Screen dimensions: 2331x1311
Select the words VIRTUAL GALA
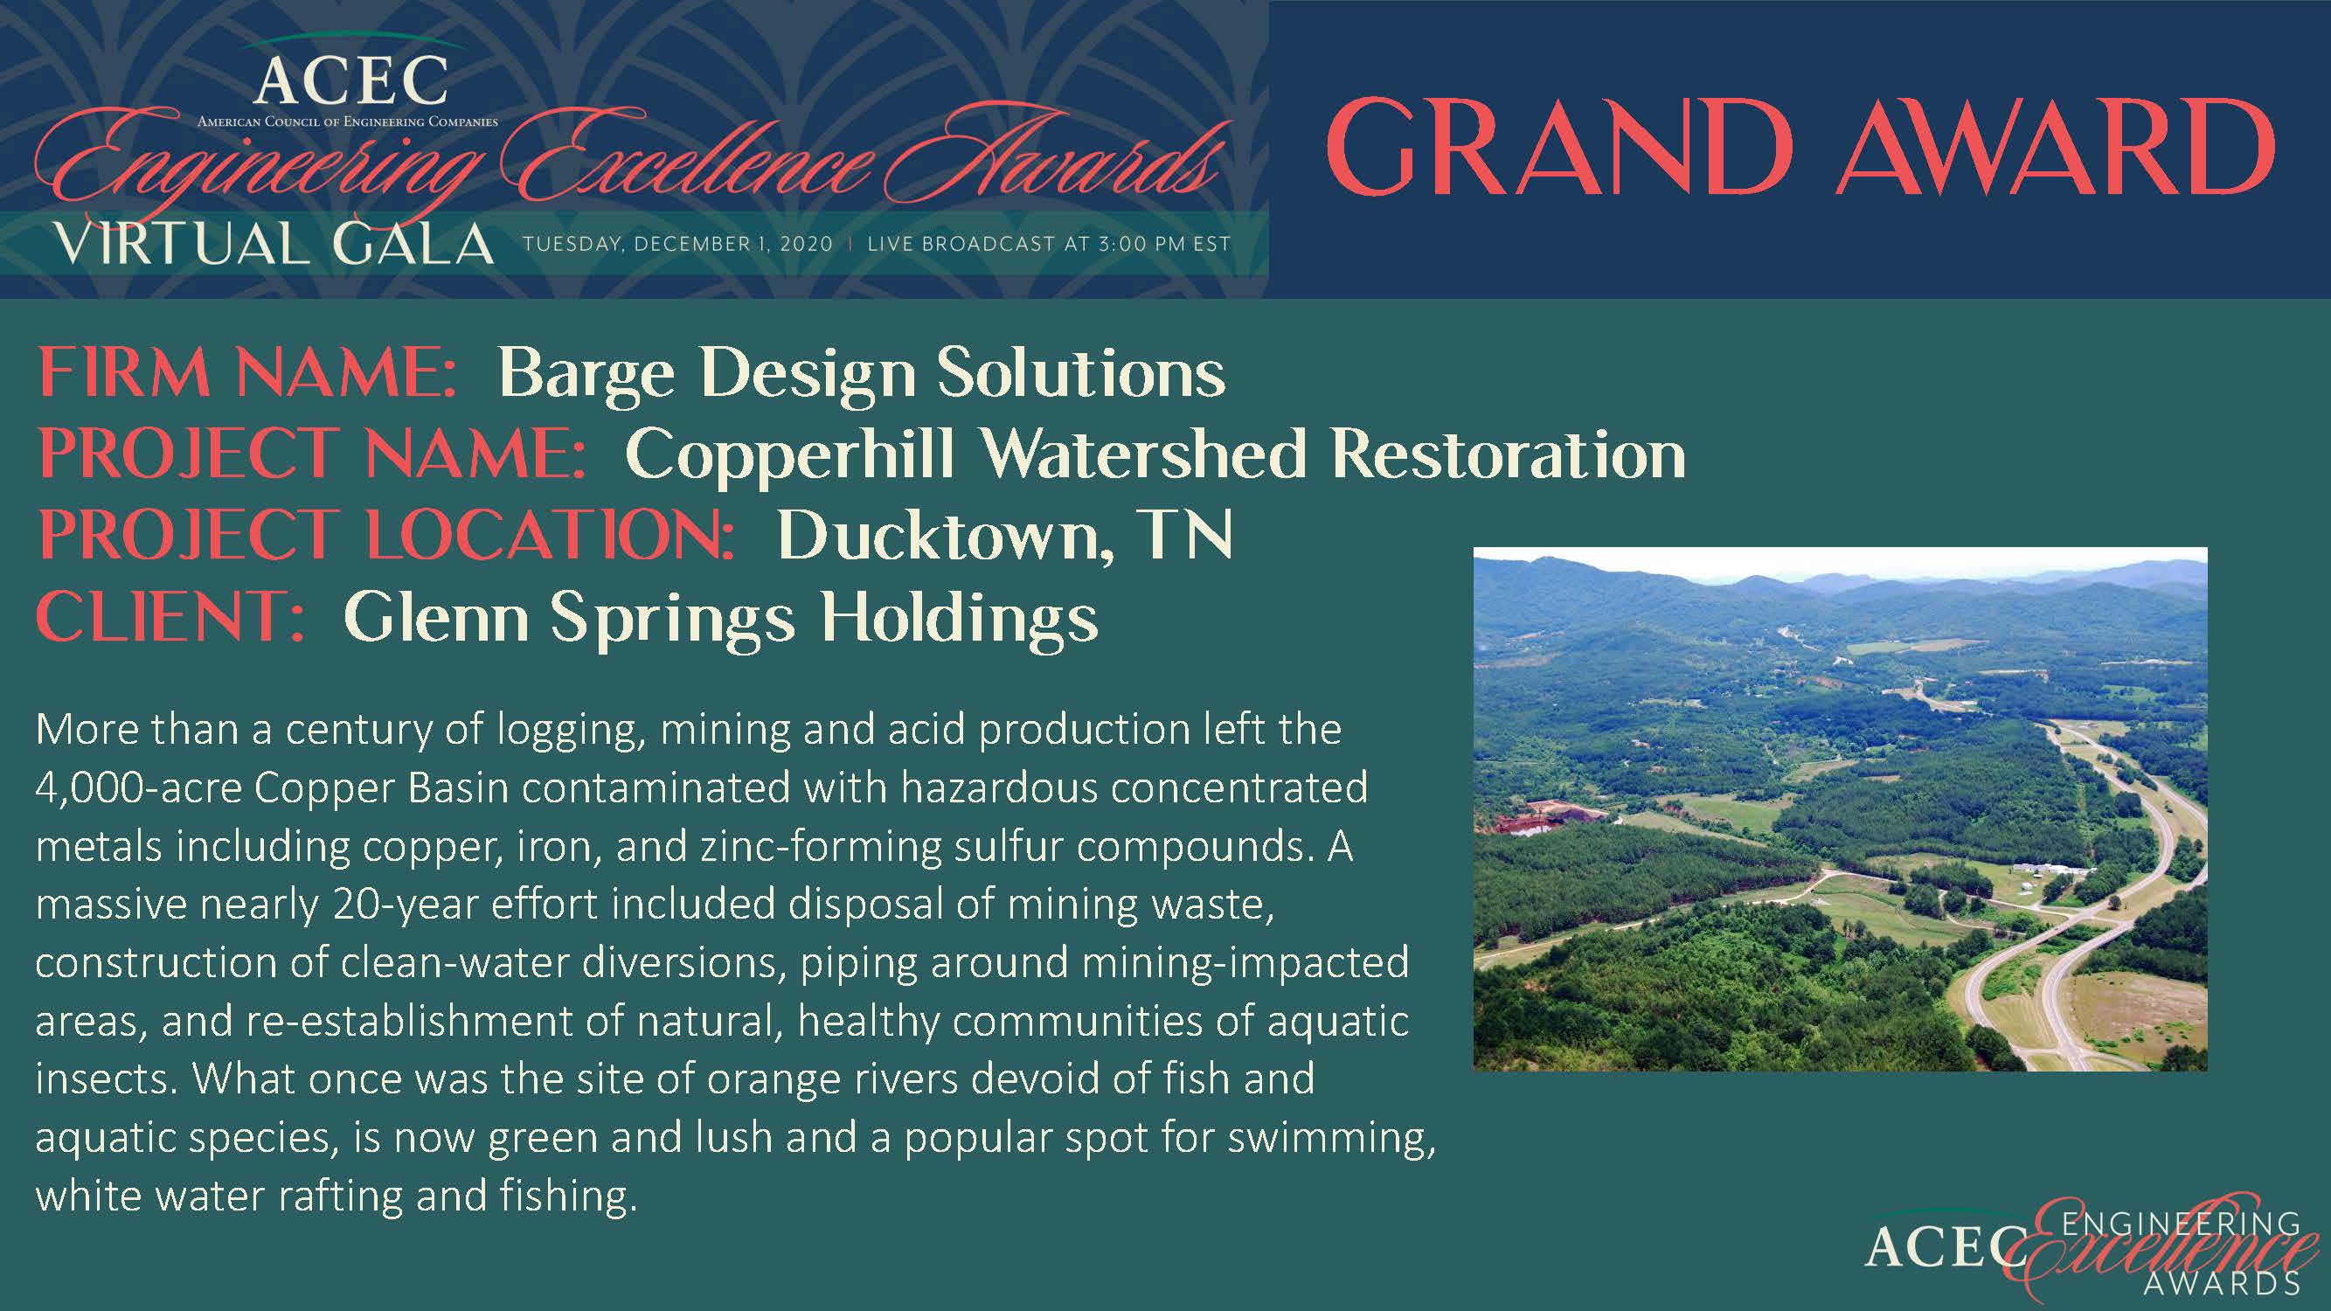[x=274, y=245]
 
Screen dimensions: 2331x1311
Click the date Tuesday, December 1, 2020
[x=677, y=245]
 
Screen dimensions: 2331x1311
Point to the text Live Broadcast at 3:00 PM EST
[x=1049, y=245]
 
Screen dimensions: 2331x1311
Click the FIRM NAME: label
[x=247, y=373]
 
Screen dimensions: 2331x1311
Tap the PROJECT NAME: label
[x=312, y=454]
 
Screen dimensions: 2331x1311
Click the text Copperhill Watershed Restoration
[x=1155, y=454]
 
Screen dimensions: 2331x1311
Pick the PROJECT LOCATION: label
[x=386, y=535]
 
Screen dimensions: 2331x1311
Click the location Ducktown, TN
[x=1004, y=536]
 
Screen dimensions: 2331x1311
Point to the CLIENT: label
[x=171, y=616]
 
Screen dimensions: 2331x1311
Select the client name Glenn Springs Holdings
[x=721, y=619]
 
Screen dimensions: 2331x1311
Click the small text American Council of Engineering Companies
[x=348, y=121]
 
